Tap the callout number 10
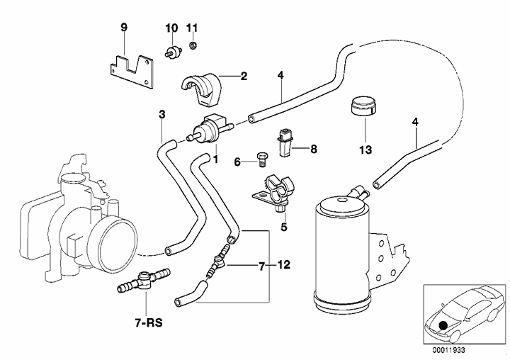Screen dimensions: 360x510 click(171, 28)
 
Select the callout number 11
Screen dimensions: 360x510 click(192, 28)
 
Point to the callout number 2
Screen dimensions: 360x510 click(243, 75)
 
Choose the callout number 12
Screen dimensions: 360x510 click(283, 267)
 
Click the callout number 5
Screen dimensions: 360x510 click(283, 227)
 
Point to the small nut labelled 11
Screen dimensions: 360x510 click(193, 47)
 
